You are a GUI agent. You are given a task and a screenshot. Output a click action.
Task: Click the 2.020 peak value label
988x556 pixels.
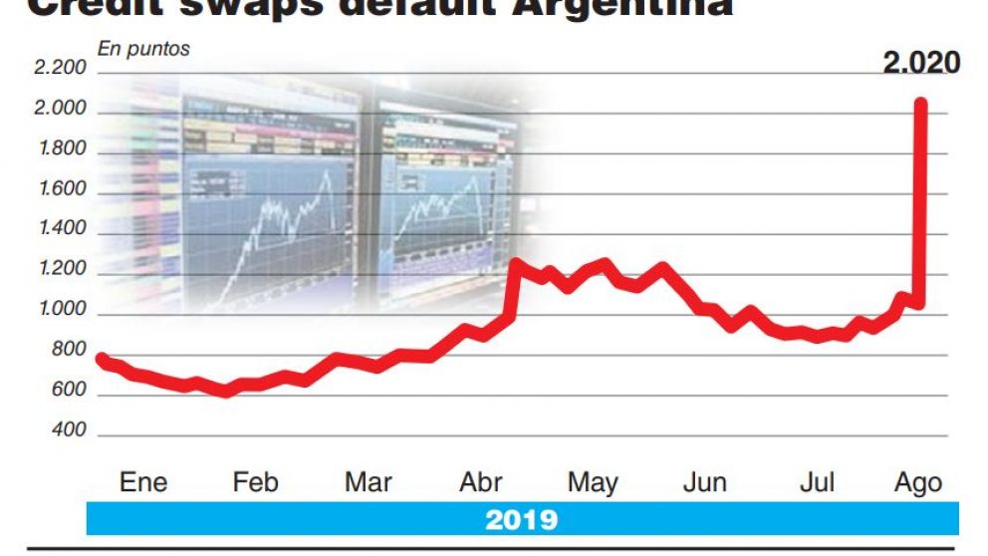(x=921, y=64)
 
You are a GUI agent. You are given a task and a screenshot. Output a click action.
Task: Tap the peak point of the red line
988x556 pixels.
(x=921, y=104)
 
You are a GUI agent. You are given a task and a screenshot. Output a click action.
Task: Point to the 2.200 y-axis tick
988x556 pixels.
(x=61, y=69)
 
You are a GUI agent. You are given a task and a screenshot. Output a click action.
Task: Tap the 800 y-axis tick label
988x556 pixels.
(x=69, y=351)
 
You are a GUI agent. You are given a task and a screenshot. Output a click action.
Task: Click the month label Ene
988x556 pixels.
(x=143, y=483)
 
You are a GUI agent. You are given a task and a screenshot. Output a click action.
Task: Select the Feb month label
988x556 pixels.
(x=255, y=483)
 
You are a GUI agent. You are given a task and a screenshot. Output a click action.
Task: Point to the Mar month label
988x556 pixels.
(x=368, y=483)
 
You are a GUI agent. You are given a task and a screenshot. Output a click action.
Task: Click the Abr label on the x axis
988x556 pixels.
(x=480, y=483)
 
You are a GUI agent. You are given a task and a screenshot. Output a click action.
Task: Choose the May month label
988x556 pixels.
(x=593, y=483)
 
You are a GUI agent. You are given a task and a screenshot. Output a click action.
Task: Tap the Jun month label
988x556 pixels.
(x=704, y=483)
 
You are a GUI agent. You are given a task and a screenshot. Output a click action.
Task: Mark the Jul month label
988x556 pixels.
(x=817, y=483)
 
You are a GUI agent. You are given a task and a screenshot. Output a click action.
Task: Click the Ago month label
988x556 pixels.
(x=918, y=483)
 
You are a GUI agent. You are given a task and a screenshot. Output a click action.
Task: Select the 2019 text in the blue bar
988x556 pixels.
(x=522, y=519)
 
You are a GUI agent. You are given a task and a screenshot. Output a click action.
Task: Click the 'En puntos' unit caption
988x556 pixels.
(x=143, y=48)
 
